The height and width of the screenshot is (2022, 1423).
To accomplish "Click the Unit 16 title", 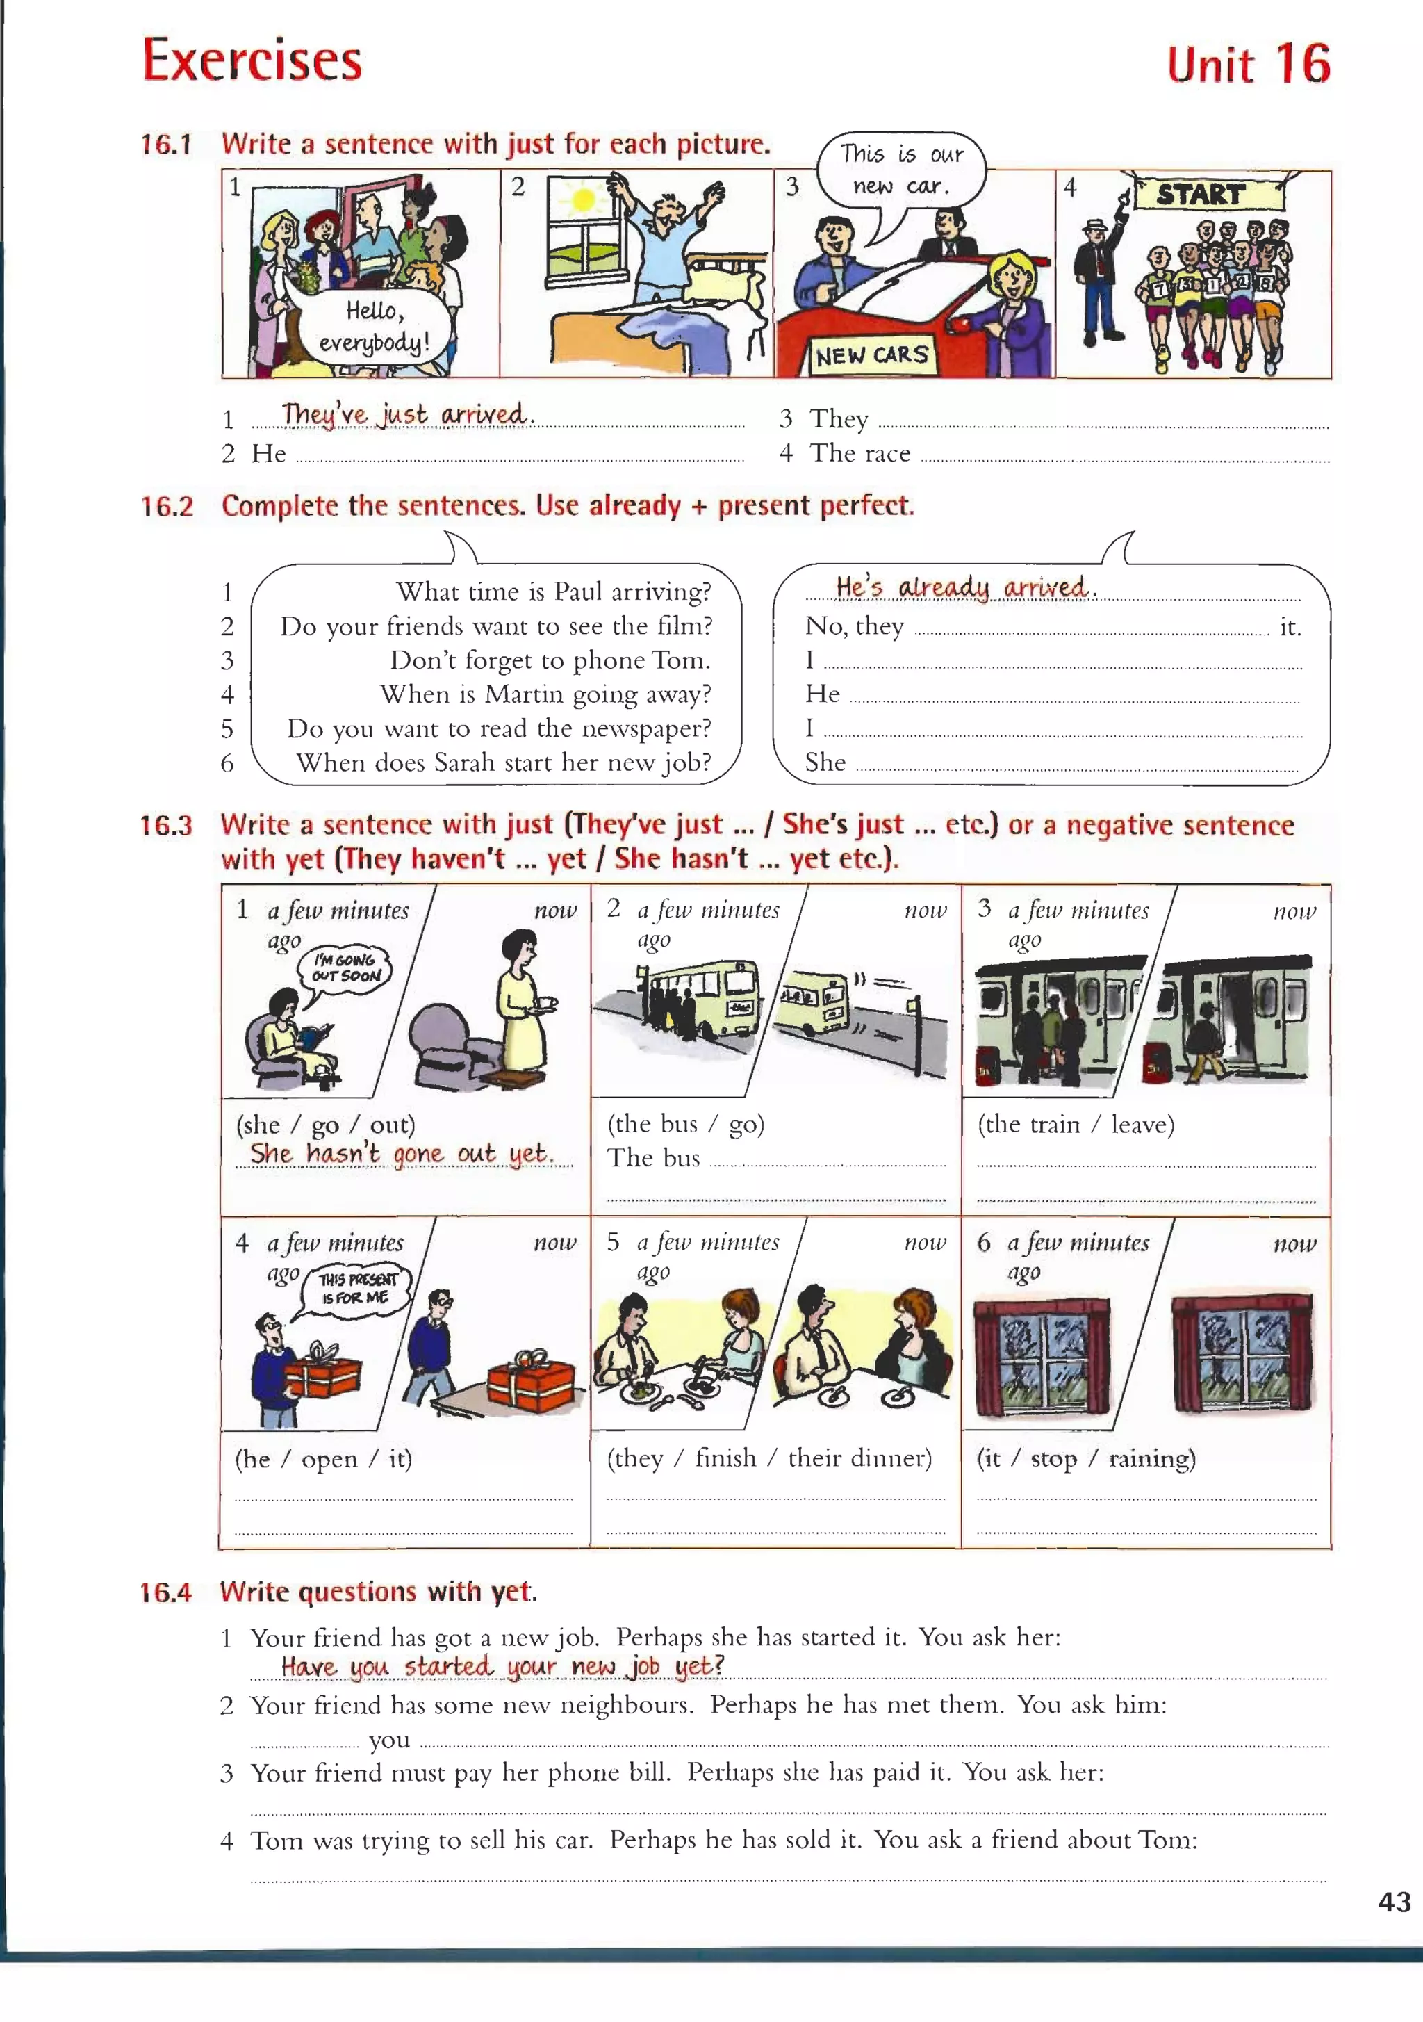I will (x=1248, y=65).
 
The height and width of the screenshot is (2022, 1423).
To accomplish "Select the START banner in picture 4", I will (x=1201, y=194).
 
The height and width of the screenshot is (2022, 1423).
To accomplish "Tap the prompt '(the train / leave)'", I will (x=1075, y=1124).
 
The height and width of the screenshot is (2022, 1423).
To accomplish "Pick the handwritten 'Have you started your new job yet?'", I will (x=502, y=1666).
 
